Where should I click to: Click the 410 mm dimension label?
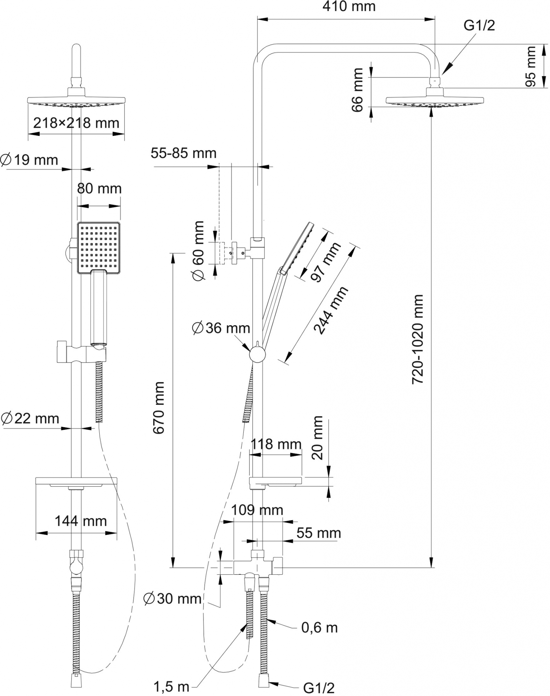tap(349, 7)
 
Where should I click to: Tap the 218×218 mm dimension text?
tap(76, 123)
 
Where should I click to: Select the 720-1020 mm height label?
tap(418, 339)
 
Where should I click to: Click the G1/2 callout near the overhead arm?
tap(479, 26)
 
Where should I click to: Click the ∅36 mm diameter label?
tap(221, 328)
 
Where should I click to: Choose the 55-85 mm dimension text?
tap(183, 153)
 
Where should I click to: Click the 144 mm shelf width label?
tap(81, 521)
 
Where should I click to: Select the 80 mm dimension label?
tap(99, 188)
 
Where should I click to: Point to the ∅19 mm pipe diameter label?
tap(29, 160)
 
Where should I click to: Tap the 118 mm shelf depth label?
tap(276, 444)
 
